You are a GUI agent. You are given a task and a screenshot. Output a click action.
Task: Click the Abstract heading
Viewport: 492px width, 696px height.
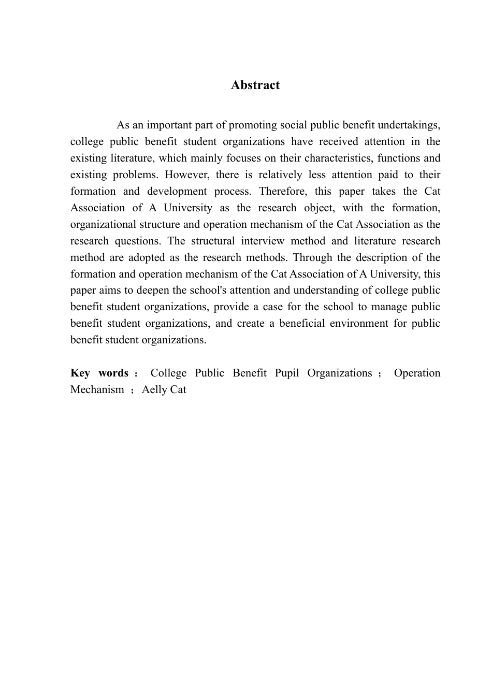(255, 85)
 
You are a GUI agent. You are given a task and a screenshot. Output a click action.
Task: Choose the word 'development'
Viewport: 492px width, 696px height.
(180, 191)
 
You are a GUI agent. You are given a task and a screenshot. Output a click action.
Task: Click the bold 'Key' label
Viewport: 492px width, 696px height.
(80, 373)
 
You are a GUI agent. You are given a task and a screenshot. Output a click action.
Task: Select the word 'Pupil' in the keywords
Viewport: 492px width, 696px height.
(287, 373)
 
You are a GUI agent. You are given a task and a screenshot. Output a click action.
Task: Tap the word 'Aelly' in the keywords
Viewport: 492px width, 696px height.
(154, 390)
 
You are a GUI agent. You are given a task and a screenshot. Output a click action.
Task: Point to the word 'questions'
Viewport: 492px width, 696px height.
(136, 241)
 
